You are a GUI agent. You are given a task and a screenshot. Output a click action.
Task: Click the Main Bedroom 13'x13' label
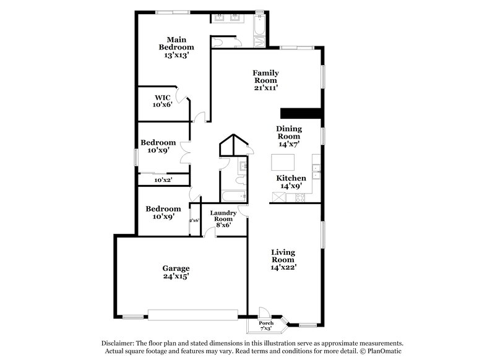click(176, 47)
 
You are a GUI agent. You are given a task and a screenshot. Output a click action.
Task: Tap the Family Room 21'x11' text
click(265, 80)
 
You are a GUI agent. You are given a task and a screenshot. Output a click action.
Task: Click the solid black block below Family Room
click(301, 113)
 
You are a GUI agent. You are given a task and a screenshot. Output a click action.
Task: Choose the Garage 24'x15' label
click(176, 272)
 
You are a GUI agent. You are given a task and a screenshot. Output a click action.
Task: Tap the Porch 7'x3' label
click(266, 325)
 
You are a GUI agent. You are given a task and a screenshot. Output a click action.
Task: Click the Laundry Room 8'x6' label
click(222, 218)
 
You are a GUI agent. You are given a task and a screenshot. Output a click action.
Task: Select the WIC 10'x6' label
click(163, 101)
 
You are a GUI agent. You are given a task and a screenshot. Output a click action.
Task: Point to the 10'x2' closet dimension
click(163, 180)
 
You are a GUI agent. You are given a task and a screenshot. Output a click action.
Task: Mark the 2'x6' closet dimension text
click(194, 220)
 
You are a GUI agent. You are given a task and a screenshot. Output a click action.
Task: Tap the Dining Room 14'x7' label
click(288, 136)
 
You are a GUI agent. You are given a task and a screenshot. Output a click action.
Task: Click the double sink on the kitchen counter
click(316, 171)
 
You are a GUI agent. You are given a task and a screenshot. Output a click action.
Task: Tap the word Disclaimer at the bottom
click(119, 343)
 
